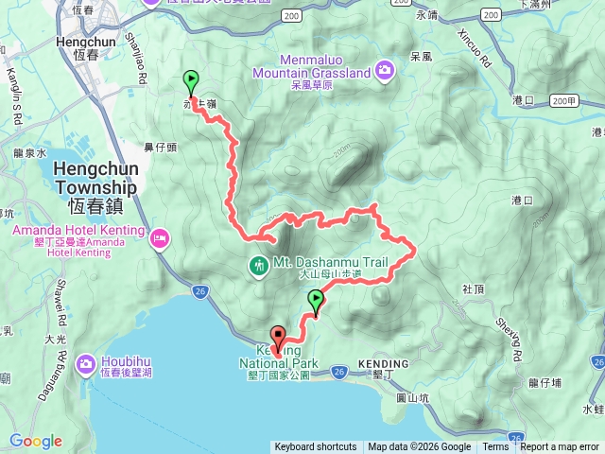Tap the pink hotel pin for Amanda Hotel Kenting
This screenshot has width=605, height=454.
160,235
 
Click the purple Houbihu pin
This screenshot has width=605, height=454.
87,362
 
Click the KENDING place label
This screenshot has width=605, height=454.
384,364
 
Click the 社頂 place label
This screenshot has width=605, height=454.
473,288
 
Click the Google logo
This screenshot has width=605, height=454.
36,441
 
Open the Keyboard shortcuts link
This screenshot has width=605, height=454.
316,447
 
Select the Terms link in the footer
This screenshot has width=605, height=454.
495,447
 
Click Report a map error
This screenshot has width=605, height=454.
561,447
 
